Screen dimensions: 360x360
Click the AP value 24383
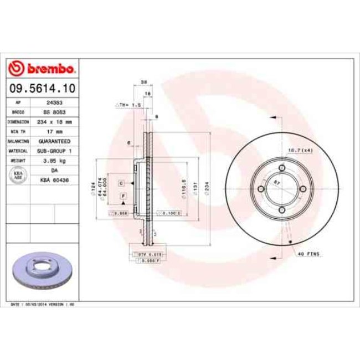coord(53,103)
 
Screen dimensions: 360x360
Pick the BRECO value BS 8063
coord(53,112)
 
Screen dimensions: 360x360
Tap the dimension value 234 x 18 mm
coord(53,122)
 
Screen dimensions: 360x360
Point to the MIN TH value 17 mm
coord(53,132)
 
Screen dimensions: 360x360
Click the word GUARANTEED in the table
coord(53,141)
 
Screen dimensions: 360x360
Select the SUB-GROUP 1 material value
coord(53,151)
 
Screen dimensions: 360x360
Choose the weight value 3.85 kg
coord(53,161)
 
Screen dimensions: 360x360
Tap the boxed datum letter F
coord(122,197)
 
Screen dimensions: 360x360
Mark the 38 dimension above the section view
coord(143,82)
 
